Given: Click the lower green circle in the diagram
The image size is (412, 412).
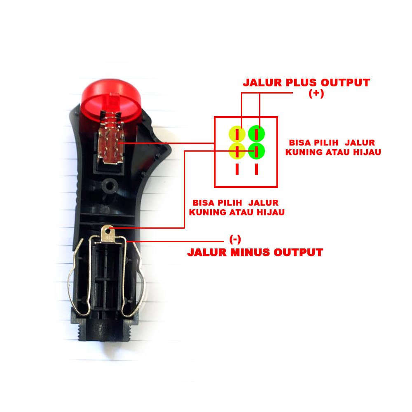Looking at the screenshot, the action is (256, 151).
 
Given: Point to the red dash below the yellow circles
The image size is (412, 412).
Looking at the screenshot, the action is (237, 169).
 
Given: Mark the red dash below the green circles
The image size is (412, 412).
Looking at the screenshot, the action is (256, 169).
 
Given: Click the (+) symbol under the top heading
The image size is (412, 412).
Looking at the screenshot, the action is (316, 94).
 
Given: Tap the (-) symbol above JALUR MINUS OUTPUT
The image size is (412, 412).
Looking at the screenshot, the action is (235, 240).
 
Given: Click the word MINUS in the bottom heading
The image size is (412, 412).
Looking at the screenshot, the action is (246, 252).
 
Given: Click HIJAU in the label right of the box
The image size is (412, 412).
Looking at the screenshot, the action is (367, 152).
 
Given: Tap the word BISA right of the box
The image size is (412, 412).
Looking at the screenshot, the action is (301, 143).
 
